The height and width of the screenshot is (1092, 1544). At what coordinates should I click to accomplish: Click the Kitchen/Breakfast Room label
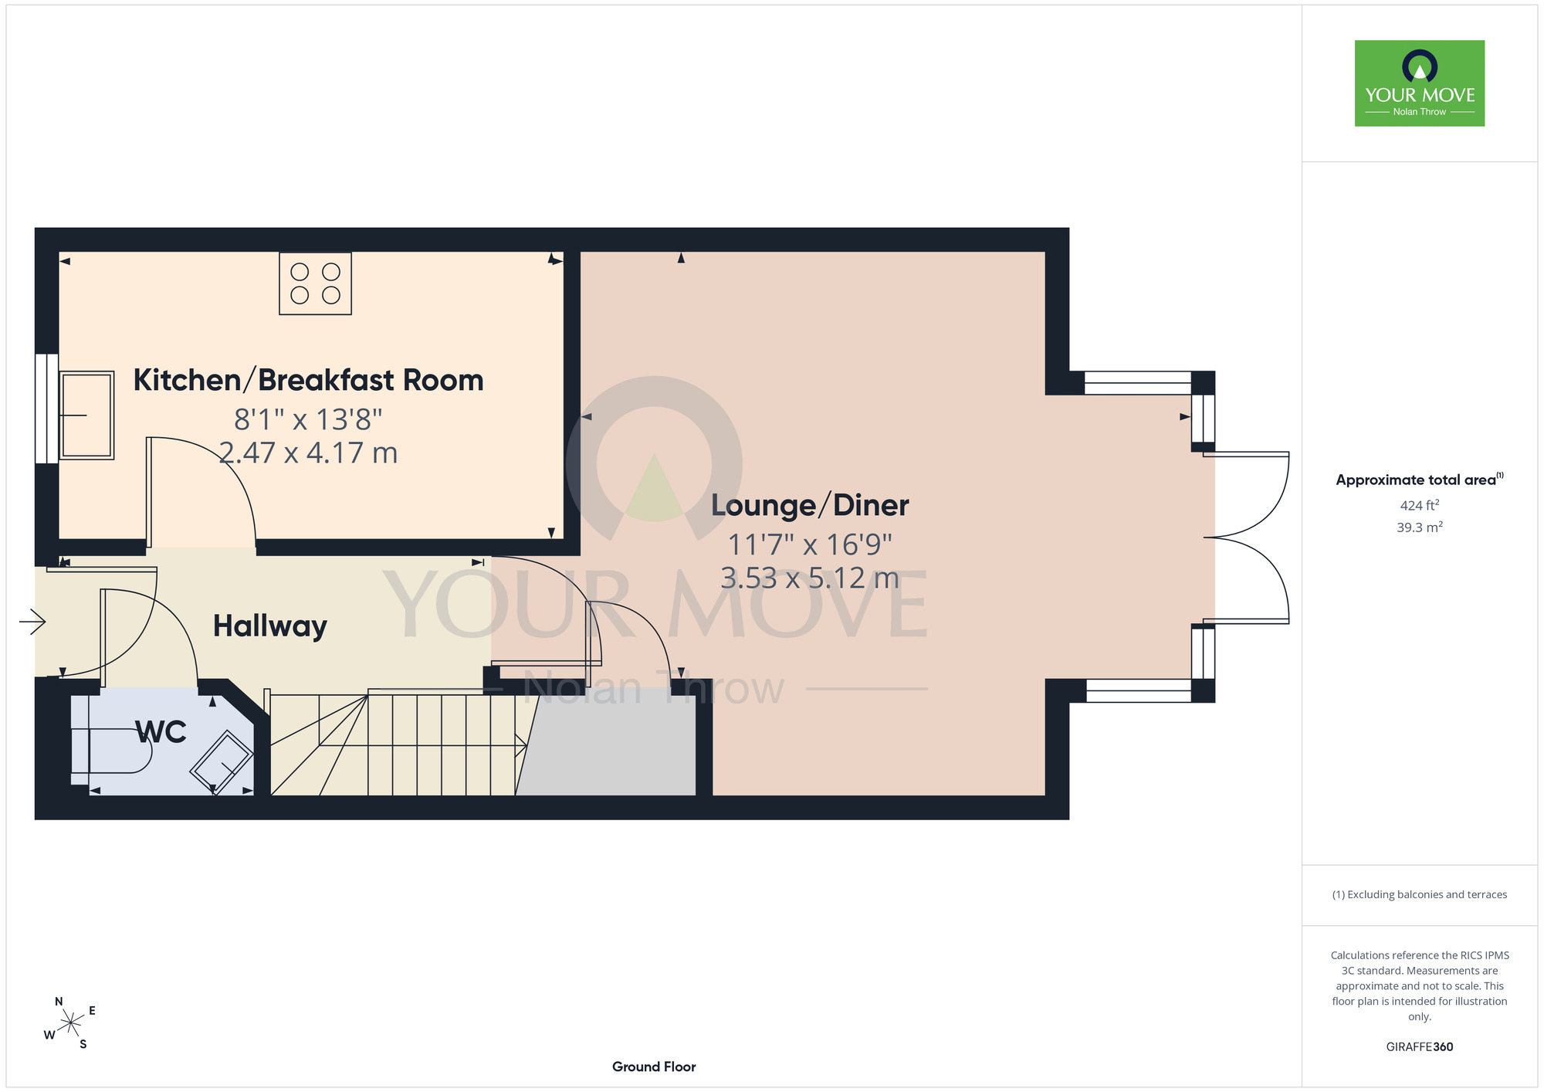click(308, 380)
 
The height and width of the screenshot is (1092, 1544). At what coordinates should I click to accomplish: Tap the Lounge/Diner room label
click(810, 505)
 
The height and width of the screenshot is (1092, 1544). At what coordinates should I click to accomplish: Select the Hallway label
click(270, 626)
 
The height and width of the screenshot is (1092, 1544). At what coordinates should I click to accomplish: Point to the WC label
click(161, 731)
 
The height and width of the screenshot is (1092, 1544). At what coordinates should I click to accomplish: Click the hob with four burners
click(315, 283)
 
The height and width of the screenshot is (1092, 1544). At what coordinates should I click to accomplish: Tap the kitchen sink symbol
click(87, 415)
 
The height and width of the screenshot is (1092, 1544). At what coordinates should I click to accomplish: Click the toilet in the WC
click(111, 750)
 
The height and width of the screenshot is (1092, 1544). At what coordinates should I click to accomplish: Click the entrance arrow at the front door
click(32, 621)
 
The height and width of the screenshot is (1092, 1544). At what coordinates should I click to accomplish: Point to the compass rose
click(70, 1023)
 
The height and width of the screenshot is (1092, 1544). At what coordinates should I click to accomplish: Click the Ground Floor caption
click(654, 1067)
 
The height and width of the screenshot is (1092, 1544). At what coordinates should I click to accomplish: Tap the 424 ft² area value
click(1420, 505)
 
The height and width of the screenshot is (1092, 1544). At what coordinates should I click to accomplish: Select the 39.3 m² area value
click(1420, 527)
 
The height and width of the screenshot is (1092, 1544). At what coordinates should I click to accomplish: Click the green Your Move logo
click(1420, 83)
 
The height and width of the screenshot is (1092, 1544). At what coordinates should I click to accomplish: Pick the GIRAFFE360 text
click(1420, 1047)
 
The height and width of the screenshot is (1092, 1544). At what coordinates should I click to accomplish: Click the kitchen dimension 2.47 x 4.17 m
click(308, 453)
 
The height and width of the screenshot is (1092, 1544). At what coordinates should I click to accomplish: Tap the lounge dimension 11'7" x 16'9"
click(810, 545)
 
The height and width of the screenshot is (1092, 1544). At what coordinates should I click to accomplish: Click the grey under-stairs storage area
click(607, 742)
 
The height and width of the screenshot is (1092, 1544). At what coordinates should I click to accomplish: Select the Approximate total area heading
click(1420, 480)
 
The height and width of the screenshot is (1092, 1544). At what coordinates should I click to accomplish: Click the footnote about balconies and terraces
click(1420, 894)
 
